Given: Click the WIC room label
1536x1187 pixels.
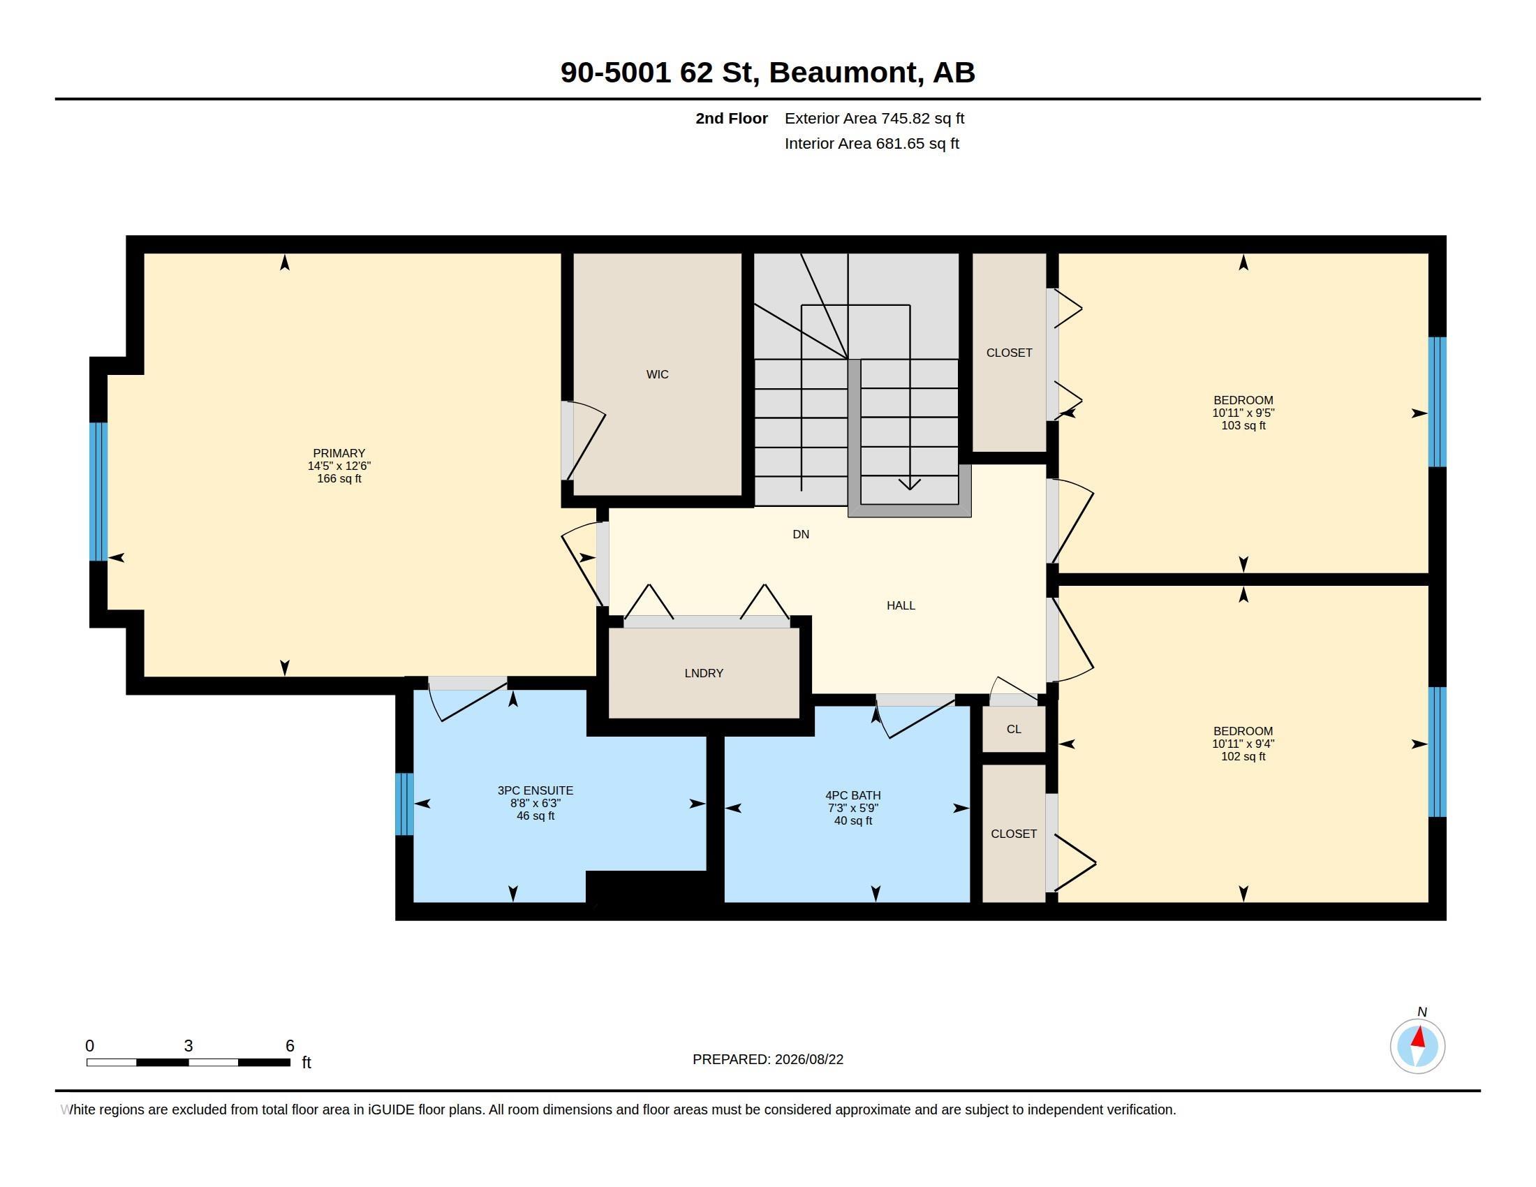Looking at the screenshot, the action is pyautogui.click(x=657, y=375).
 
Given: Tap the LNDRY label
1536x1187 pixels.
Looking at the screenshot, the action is pyautogui.click(x=703, y=674).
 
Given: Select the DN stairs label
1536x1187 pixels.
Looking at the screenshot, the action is pyautogui.click(x=800, y=534).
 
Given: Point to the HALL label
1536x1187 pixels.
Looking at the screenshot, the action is pyautogui.click(x=900, y=605).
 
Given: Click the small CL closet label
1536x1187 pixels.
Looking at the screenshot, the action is pyautogui.click(x=1014, y=729).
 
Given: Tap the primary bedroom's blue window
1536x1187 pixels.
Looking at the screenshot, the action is pyautogui.click(x=98, y=492).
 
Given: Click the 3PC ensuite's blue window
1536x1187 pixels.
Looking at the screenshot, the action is pyautogui.click(x=404, y=804).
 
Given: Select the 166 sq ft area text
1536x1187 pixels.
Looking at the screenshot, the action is pyautogui.click(x=339, y=479).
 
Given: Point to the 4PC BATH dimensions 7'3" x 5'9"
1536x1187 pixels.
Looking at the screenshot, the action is pyautogui.click(x=852, y=809).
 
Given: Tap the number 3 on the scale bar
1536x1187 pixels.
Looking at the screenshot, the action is pyautogui.click(x=189, y=1046).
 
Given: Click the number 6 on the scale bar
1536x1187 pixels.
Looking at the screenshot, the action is pyautogui.click(x=290, y=1046).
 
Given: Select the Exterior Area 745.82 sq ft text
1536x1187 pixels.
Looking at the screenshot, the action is pyautogui.click(x=874, y=119).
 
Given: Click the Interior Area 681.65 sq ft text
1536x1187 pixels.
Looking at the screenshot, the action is pyautogui.click(x=871, y=144).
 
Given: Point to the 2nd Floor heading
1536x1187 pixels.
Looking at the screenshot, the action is pyautogui.click(x=732, y=119).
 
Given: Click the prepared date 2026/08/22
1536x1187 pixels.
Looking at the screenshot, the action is pyautogui.click(x=808, y=1060).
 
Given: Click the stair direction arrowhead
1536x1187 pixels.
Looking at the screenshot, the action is pyautogui.click(x=910, y=484).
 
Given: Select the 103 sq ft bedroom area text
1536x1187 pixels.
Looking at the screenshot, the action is pyautogui.click(x=1243, y=426).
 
